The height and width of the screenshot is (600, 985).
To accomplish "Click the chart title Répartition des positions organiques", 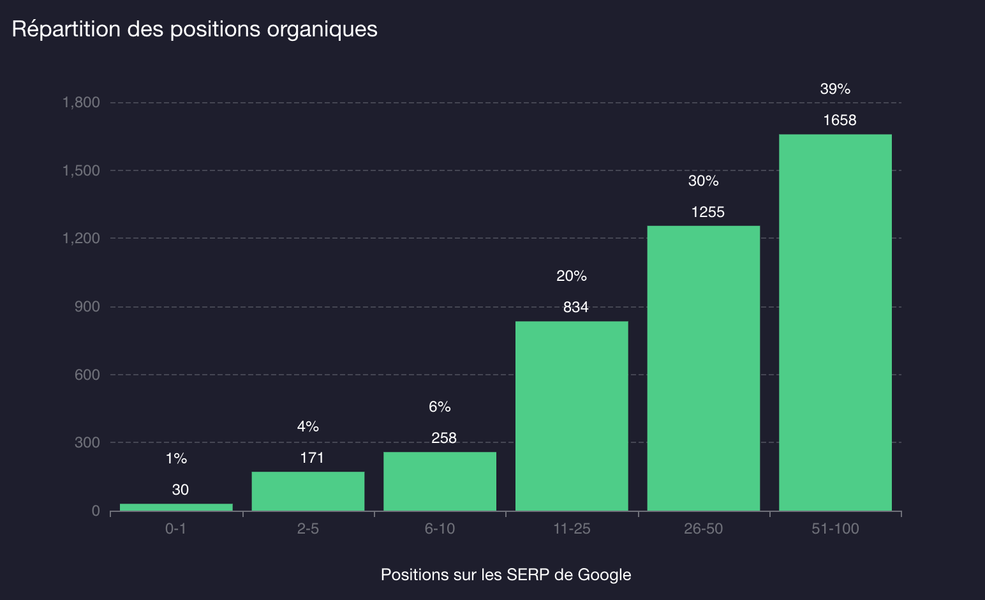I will click(195, 29).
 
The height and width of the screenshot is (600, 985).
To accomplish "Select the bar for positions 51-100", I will click(835, 322).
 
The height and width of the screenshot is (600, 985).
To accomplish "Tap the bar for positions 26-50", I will click(703, 368).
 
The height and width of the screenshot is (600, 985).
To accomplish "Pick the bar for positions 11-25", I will click(572, 416).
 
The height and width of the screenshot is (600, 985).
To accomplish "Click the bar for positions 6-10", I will click(440, 481).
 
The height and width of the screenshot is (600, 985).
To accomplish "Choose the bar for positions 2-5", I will click(307, 491).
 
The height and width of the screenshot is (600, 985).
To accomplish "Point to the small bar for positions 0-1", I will click(176, 507).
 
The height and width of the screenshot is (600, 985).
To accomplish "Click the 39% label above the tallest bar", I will click(835, 89).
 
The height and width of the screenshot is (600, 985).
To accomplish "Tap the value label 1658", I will click(840, 120).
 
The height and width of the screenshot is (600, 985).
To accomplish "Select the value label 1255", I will click(707, 212).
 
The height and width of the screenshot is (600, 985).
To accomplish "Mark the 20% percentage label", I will click(571, 276).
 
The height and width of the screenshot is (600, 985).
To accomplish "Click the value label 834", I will click(575, 307).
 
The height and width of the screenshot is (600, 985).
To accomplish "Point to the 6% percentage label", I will click(440, 407).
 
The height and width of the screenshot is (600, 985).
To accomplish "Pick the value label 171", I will click(312, 458).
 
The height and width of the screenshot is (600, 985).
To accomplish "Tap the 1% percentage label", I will click(176, 458).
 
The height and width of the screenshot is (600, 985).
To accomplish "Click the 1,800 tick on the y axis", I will click(81, 102).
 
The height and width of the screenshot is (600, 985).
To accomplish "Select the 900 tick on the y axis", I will click(87, 306).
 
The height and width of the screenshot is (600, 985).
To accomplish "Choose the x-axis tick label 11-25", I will click(572, 529).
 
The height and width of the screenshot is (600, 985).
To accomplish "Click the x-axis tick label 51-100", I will click(835, 529).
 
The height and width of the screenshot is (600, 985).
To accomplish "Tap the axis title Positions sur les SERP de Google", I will click(506, 574).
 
